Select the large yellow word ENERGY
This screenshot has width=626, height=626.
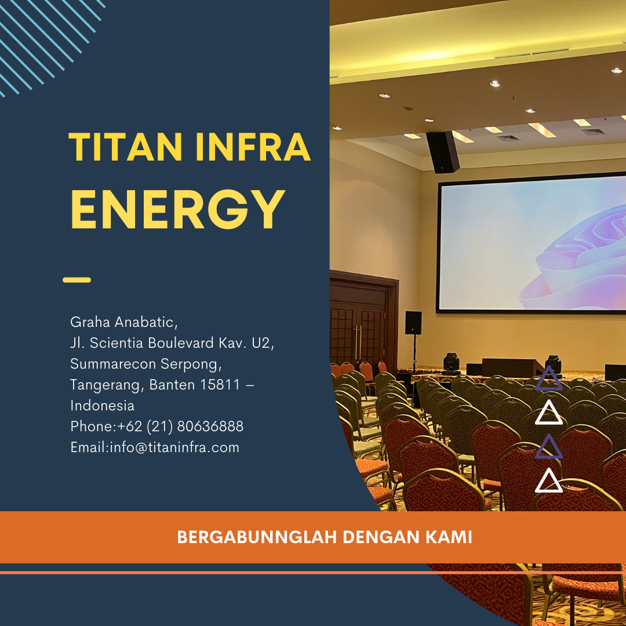178,209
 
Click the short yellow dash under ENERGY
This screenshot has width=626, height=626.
77,280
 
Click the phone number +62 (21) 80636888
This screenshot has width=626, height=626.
180,427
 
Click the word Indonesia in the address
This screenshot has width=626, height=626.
102,405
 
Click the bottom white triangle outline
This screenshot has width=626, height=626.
548,481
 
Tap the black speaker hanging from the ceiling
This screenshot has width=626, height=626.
442,152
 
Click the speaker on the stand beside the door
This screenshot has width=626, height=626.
413,323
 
